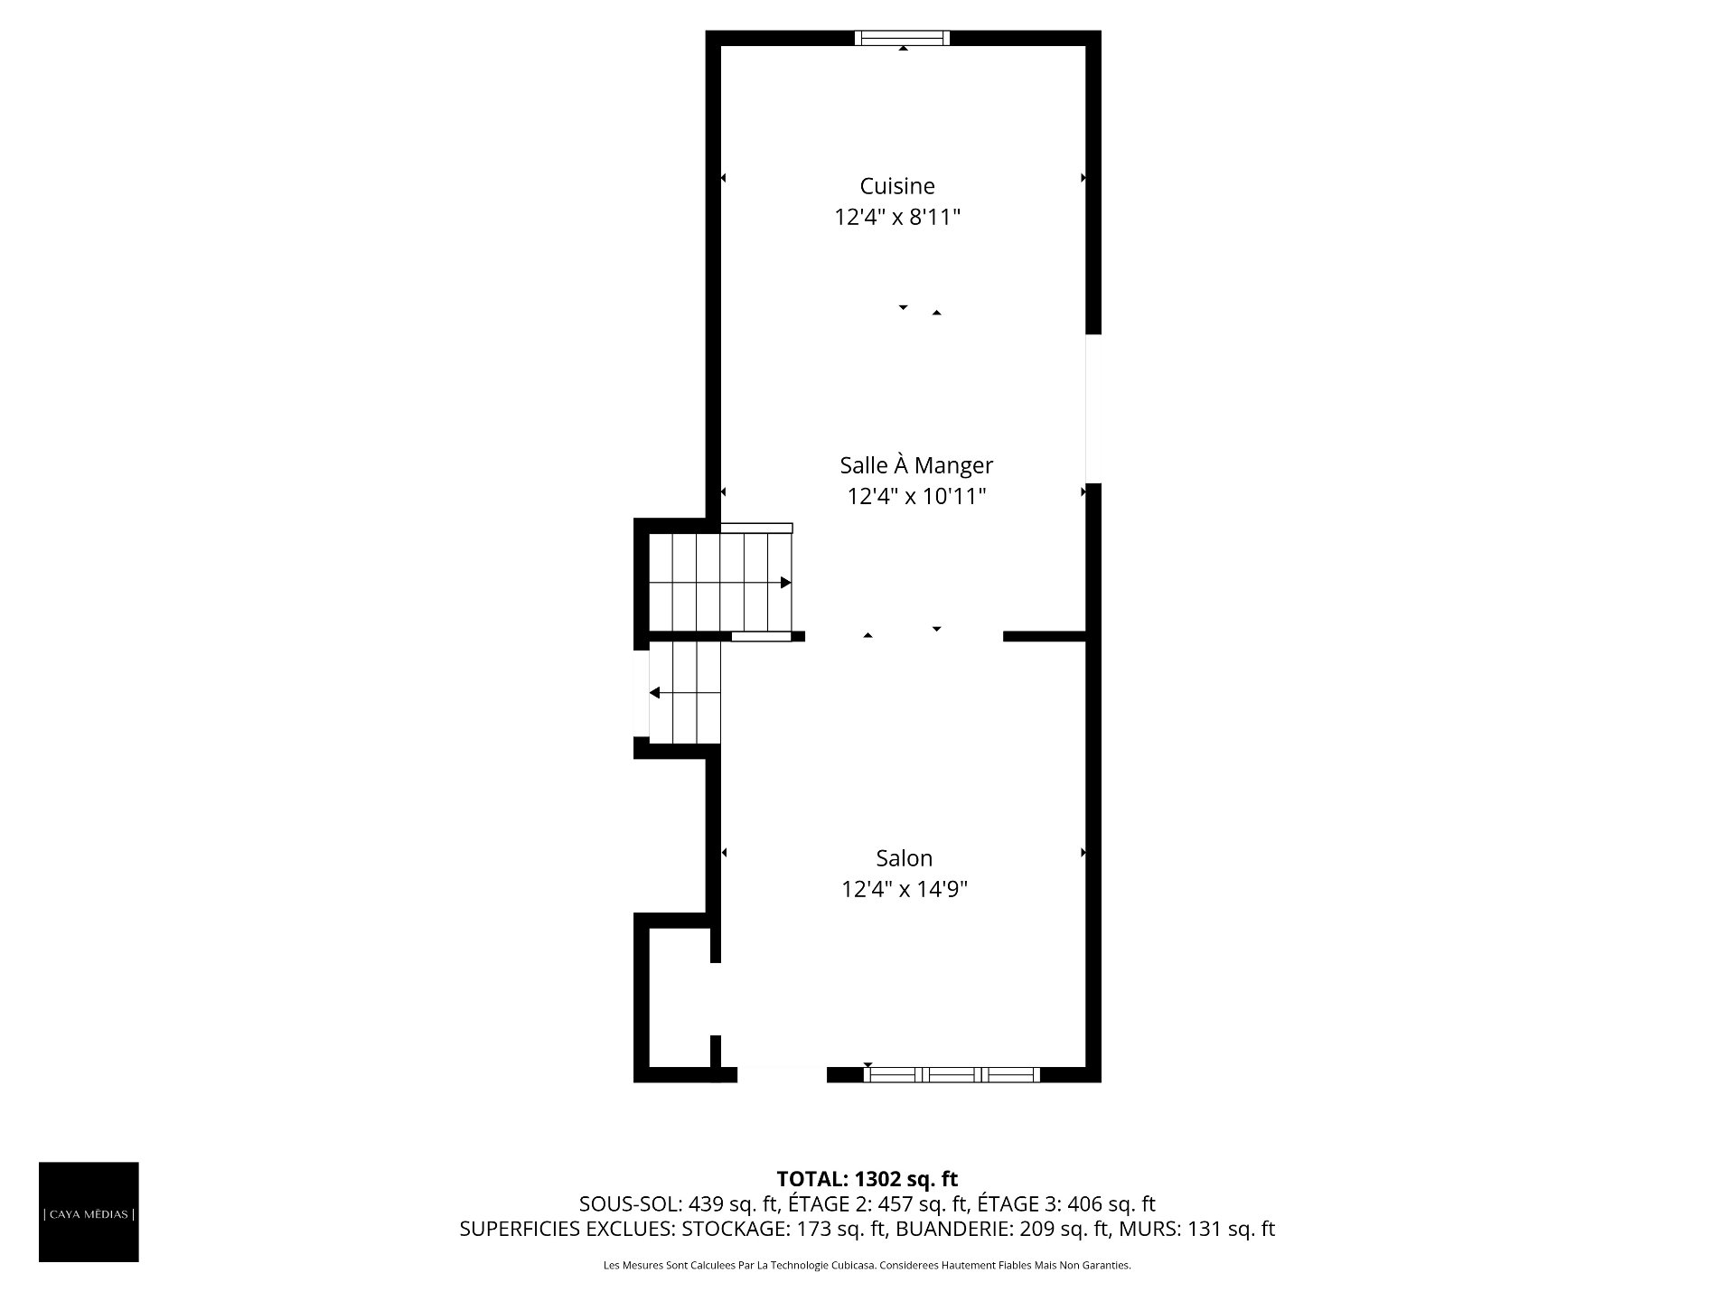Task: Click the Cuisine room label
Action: click(897, 186)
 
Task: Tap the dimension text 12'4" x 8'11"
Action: click(897, 218)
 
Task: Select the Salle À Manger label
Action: click(916, 465)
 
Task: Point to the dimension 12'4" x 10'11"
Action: click(916, 497)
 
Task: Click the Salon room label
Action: click(904, 858)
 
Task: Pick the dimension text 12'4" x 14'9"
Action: click(905, 890)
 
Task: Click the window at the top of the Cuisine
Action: click(903, 38)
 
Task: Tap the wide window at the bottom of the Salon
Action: click(952, 1074)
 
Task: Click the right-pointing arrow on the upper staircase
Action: click(785, 583)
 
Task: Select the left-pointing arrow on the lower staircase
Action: click(655, 693)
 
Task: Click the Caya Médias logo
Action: click(89, 1212)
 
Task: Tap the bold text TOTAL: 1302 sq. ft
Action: click(867, 1179)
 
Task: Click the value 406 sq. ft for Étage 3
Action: click(1111, 1204)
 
